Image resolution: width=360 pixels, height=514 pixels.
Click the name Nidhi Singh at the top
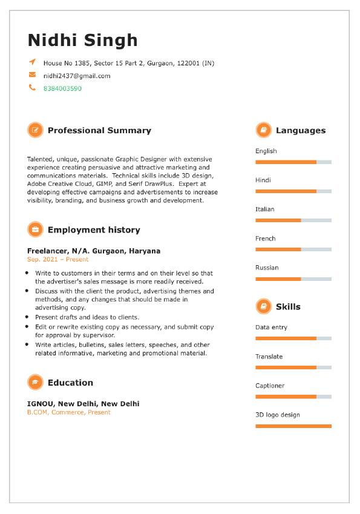[x=83, y=41]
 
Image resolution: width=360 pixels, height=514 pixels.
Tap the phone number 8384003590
[x=62, y=88]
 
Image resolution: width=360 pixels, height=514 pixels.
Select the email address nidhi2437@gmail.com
[x=77, y=76]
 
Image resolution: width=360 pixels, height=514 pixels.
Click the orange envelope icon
[x=32, y=75]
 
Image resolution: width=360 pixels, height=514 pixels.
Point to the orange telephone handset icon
[x=32, y=88]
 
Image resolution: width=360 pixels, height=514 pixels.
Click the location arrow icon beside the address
[x=32, y=62]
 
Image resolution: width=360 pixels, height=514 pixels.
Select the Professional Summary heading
[x=99, y=130]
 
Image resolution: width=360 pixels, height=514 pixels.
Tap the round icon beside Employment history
[x=35, y=229]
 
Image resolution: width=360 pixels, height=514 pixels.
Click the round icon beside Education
[x=35, y=382]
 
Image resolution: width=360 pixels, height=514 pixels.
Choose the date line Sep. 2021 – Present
[x=57, y=259]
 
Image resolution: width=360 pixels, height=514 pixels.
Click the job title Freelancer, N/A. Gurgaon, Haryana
[x=94, y=251]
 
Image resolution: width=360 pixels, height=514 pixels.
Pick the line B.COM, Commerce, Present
[x=69, y=412]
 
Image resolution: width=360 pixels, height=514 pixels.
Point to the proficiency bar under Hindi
[x=293, y=191]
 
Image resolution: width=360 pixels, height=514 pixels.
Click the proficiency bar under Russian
[x=293, y=279]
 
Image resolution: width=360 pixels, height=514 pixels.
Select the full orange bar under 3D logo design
[x=293, y=426]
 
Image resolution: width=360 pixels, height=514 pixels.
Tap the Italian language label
[x=265, y=209]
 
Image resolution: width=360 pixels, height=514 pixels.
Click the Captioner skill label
[x=270, y=386]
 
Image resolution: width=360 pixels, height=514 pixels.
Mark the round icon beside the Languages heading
[x=263, y=130]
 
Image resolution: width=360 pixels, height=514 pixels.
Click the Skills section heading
[x=288, y=306]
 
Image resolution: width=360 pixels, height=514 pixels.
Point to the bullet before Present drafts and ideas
[x=28, y=317]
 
